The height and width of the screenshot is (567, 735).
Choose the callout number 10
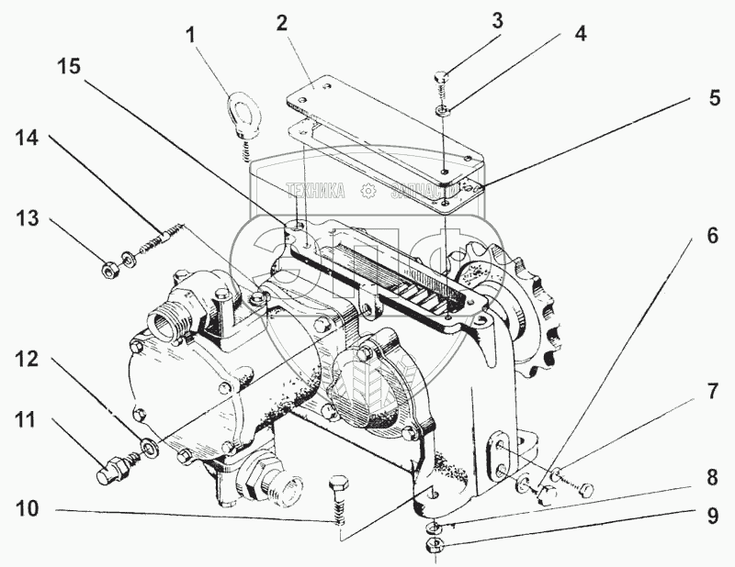(x=28, y=509)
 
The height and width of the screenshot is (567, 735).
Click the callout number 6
(x=712, y=235)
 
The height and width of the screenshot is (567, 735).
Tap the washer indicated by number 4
(x=443, y=110)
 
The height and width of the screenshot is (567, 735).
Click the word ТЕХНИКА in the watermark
(x=315, y=191)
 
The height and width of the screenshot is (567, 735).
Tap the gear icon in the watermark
(x=368, y=191)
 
